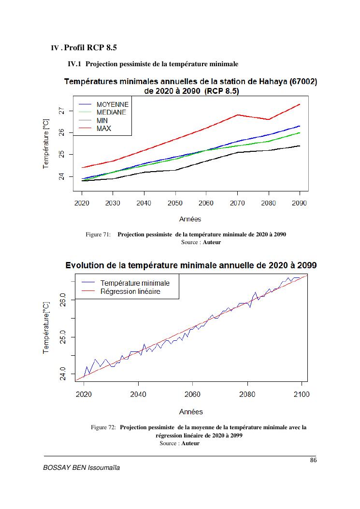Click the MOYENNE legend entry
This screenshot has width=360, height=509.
[x=112, y=104]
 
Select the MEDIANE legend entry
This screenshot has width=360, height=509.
[x=111, y=112]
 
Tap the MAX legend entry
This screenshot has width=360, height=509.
[x=103, y=129]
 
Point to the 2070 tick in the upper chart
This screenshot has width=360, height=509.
[x=237, y=203]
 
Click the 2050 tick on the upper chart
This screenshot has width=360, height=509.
[x=175, y=203]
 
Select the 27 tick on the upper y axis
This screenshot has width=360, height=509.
[x=60, y=111]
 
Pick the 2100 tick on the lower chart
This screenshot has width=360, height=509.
[x=302, y=394]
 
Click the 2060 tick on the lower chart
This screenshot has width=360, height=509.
[x=193, y=394]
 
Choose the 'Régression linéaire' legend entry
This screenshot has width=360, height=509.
[x=130, y=291]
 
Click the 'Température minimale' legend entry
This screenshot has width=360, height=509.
[x=135, y=283]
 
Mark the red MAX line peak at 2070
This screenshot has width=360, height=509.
[x=237, y=115]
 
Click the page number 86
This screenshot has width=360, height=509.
[x=313, y=460]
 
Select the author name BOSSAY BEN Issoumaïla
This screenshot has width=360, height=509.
[x=81, y=469]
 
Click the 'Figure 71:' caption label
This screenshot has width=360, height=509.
[x=99, y=234]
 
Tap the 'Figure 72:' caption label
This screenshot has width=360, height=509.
[x=103, y=427]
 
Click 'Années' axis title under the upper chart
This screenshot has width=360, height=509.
[x=190, y=219]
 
